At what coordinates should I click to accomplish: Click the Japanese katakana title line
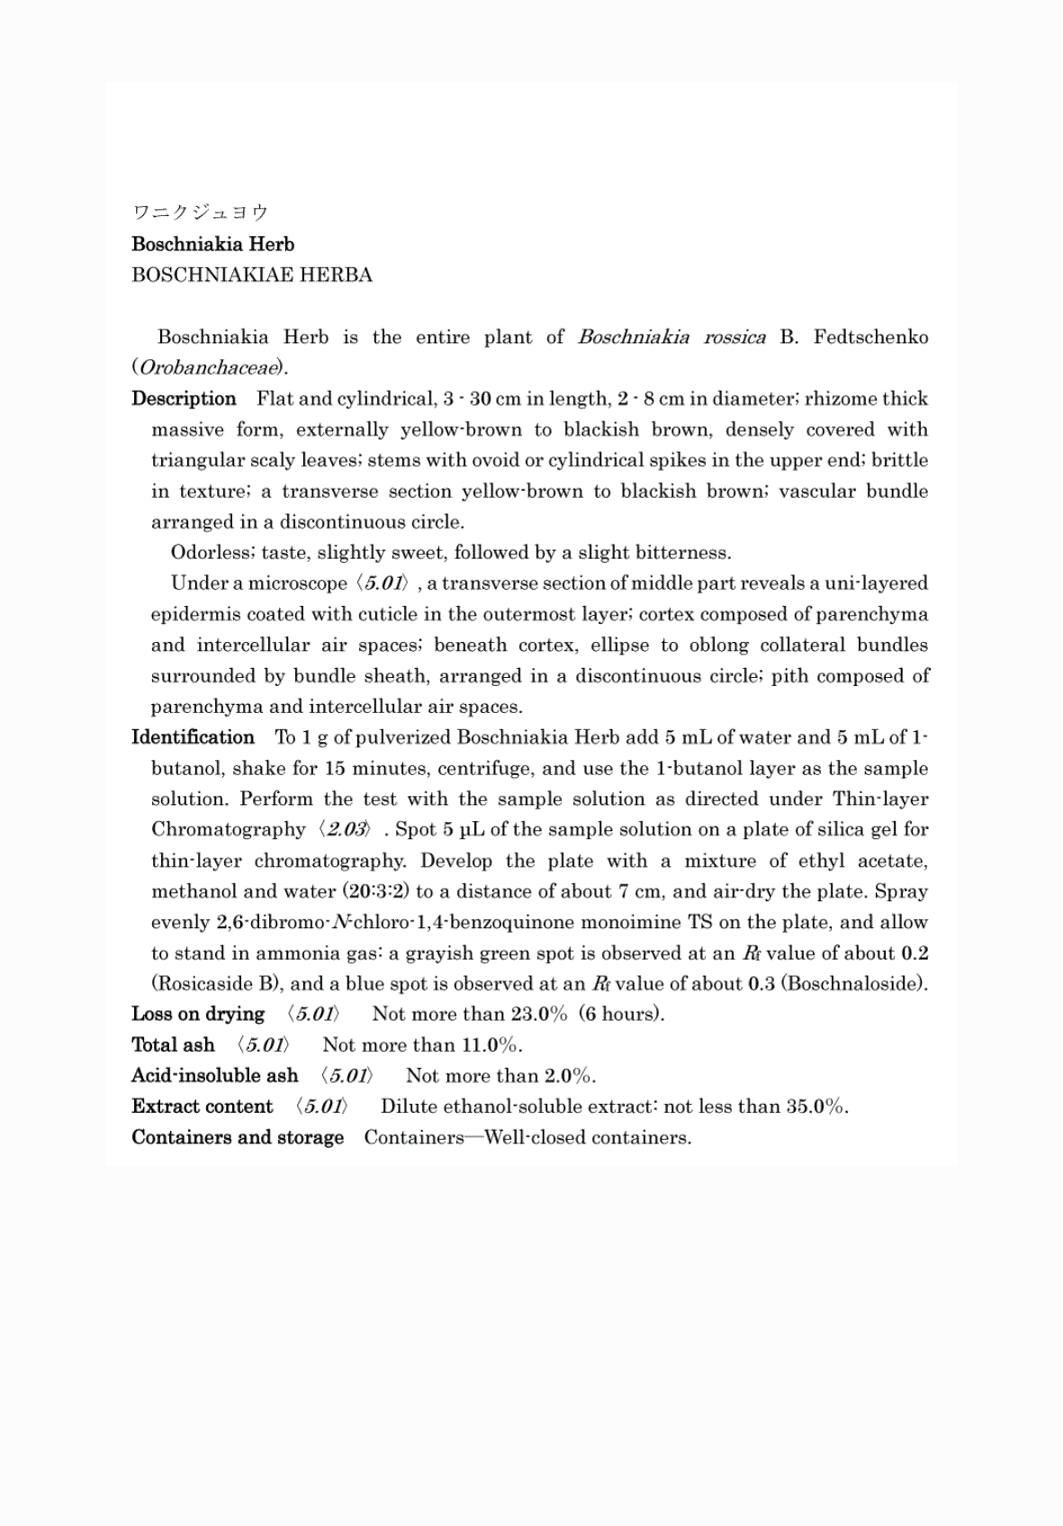click(200, 212)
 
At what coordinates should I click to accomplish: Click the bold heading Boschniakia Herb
click(212, 244)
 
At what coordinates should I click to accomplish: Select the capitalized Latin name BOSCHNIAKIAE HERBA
click(251, 275)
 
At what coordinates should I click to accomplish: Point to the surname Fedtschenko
click(870, 337)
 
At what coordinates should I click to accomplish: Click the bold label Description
click(184, 398)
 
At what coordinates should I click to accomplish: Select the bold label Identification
click(193, 737)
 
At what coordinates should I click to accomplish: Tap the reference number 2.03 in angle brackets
click(344, 829)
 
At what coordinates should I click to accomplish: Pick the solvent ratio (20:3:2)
click(376, 891)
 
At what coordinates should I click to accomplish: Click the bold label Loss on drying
click(198, 1014)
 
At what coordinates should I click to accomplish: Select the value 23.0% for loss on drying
click(538, 1014)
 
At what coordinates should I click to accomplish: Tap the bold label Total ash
click(173, 1044)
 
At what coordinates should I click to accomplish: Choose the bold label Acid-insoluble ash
click(214, 1076)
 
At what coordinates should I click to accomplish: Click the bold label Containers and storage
click(238, 1137)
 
